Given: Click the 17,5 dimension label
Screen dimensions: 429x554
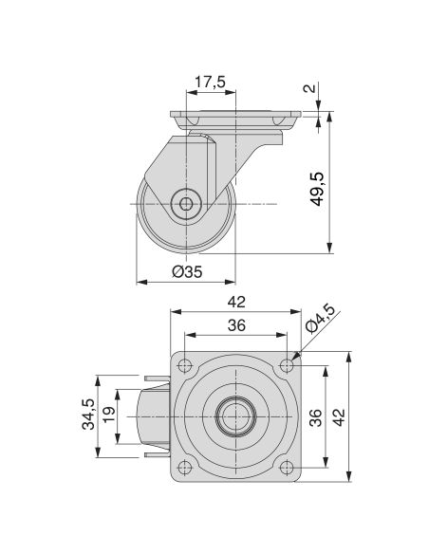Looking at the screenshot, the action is [211, 82].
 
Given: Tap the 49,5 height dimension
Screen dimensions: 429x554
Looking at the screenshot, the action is [317, 189].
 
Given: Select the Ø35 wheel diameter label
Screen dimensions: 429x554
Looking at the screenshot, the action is [188, 271].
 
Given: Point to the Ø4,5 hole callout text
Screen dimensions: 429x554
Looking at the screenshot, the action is [320, 319].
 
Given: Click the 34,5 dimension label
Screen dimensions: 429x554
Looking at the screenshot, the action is [88, 415].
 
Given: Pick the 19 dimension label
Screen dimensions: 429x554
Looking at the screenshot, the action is [109, 415].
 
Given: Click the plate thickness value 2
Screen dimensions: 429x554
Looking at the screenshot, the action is [310, 88].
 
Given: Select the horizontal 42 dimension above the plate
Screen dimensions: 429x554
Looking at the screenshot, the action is [236, 302].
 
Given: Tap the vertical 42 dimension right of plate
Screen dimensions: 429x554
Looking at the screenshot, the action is [339, 417].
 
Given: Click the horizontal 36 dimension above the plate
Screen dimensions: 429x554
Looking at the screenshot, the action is [236, 325].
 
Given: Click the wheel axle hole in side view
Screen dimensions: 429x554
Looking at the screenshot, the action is [186, 204].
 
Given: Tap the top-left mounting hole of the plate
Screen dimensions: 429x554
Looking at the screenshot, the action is [185, 365].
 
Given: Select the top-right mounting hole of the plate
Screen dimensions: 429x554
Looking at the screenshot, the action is [287, 365].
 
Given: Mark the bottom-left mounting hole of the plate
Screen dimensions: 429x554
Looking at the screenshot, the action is [185, 468].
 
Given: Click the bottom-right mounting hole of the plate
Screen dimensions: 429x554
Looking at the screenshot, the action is [287, 468].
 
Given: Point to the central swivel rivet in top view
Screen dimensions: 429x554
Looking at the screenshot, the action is [235, 416].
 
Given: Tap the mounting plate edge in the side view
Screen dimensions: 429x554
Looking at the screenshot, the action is [235, 115].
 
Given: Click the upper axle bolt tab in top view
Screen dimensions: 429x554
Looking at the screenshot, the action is [158, 378].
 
